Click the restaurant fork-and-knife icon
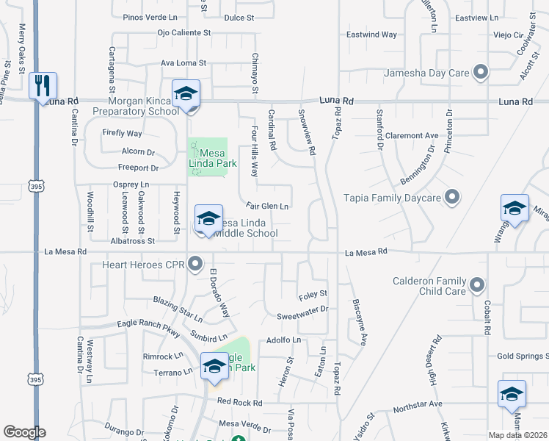click(43, 85)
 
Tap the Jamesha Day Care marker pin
click(481, 72)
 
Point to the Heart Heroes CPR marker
click(195, 263)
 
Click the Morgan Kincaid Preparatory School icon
click(186, 94)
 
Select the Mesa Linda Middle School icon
click(208, 218)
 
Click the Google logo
click(24, 432)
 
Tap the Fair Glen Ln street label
click(267, 207)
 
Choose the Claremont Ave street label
click(412, 136)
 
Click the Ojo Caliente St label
click(184, 33)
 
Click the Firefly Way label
click(123, 133)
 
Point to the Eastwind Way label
click(371, 35)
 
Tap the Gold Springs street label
click(522, 356)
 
